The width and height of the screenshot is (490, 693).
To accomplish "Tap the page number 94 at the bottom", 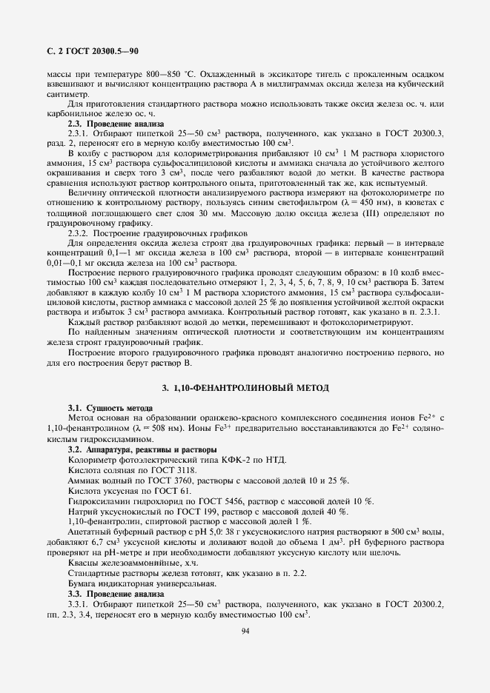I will [x=245, y=630].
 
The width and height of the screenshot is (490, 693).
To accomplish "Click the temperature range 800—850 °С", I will [x=156, y=76].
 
